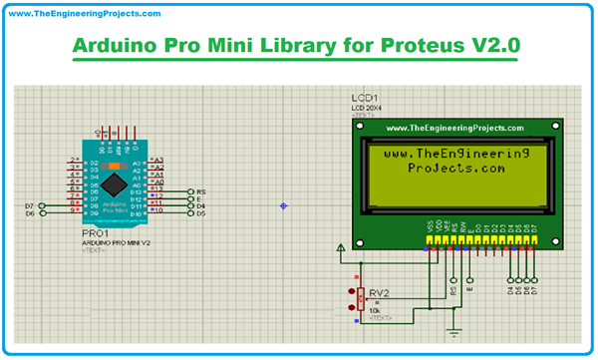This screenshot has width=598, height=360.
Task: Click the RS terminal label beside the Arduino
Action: tap(200, 190)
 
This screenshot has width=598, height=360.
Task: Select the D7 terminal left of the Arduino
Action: tap(29, 205)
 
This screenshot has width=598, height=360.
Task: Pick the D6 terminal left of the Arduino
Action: tap(29, 213)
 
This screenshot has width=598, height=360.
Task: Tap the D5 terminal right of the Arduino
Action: tap(200, 213)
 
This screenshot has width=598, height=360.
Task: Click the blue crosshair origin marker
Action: tap(283, 206)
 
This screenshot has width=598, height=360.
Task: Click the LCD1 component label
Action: tap(366, 98)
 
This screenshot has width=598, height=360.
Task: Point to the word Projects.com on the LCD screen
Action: tap(457, 169)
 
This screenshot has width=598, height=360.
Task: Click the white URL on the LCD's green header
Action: tap(453, 129)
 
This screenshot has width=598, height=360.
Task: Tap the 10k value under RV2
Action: tap(375, 310)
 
